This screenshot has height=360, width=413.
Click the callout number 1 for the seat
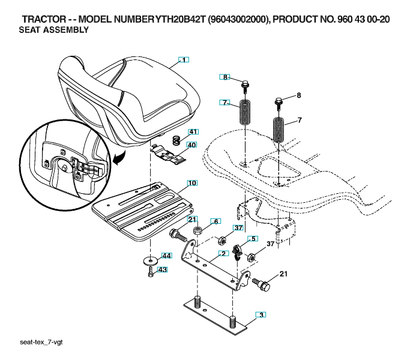point(184,60)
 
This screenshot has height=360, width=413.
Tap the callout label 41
point(193,131)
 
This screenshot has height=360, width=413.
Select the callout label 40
point(191,145)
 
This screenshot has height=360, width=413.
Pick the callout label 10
point(192,183)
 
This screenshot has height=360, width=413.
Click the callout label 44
point(166,256)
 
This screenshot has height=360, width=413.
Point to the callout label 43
point(162,269)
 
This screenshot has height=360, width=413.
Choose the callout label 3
point(261,315)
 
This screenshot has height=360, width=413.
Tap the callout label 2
point(223,254)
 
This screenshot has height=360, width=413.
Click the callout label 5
point(253,239)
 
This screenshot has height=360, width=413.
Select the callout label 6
point(216,221)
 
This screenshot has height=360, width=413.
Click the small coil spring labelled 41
point(176,140)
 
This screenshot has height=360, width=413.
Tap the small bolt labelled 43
point(151,272)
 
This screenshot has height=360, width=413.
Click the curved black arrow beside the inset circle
point(119,157)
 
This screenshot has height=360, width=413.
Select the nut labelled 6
point(198,230)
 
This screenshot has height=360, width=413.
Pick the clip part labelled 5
point(237,251)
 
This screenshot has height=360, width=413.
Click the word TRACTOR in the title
point(44,19)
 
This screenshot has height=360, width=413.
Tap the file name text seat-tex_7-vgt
point(41,342)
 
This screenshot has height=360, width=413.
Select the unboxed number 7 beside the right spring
point(299,121)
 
